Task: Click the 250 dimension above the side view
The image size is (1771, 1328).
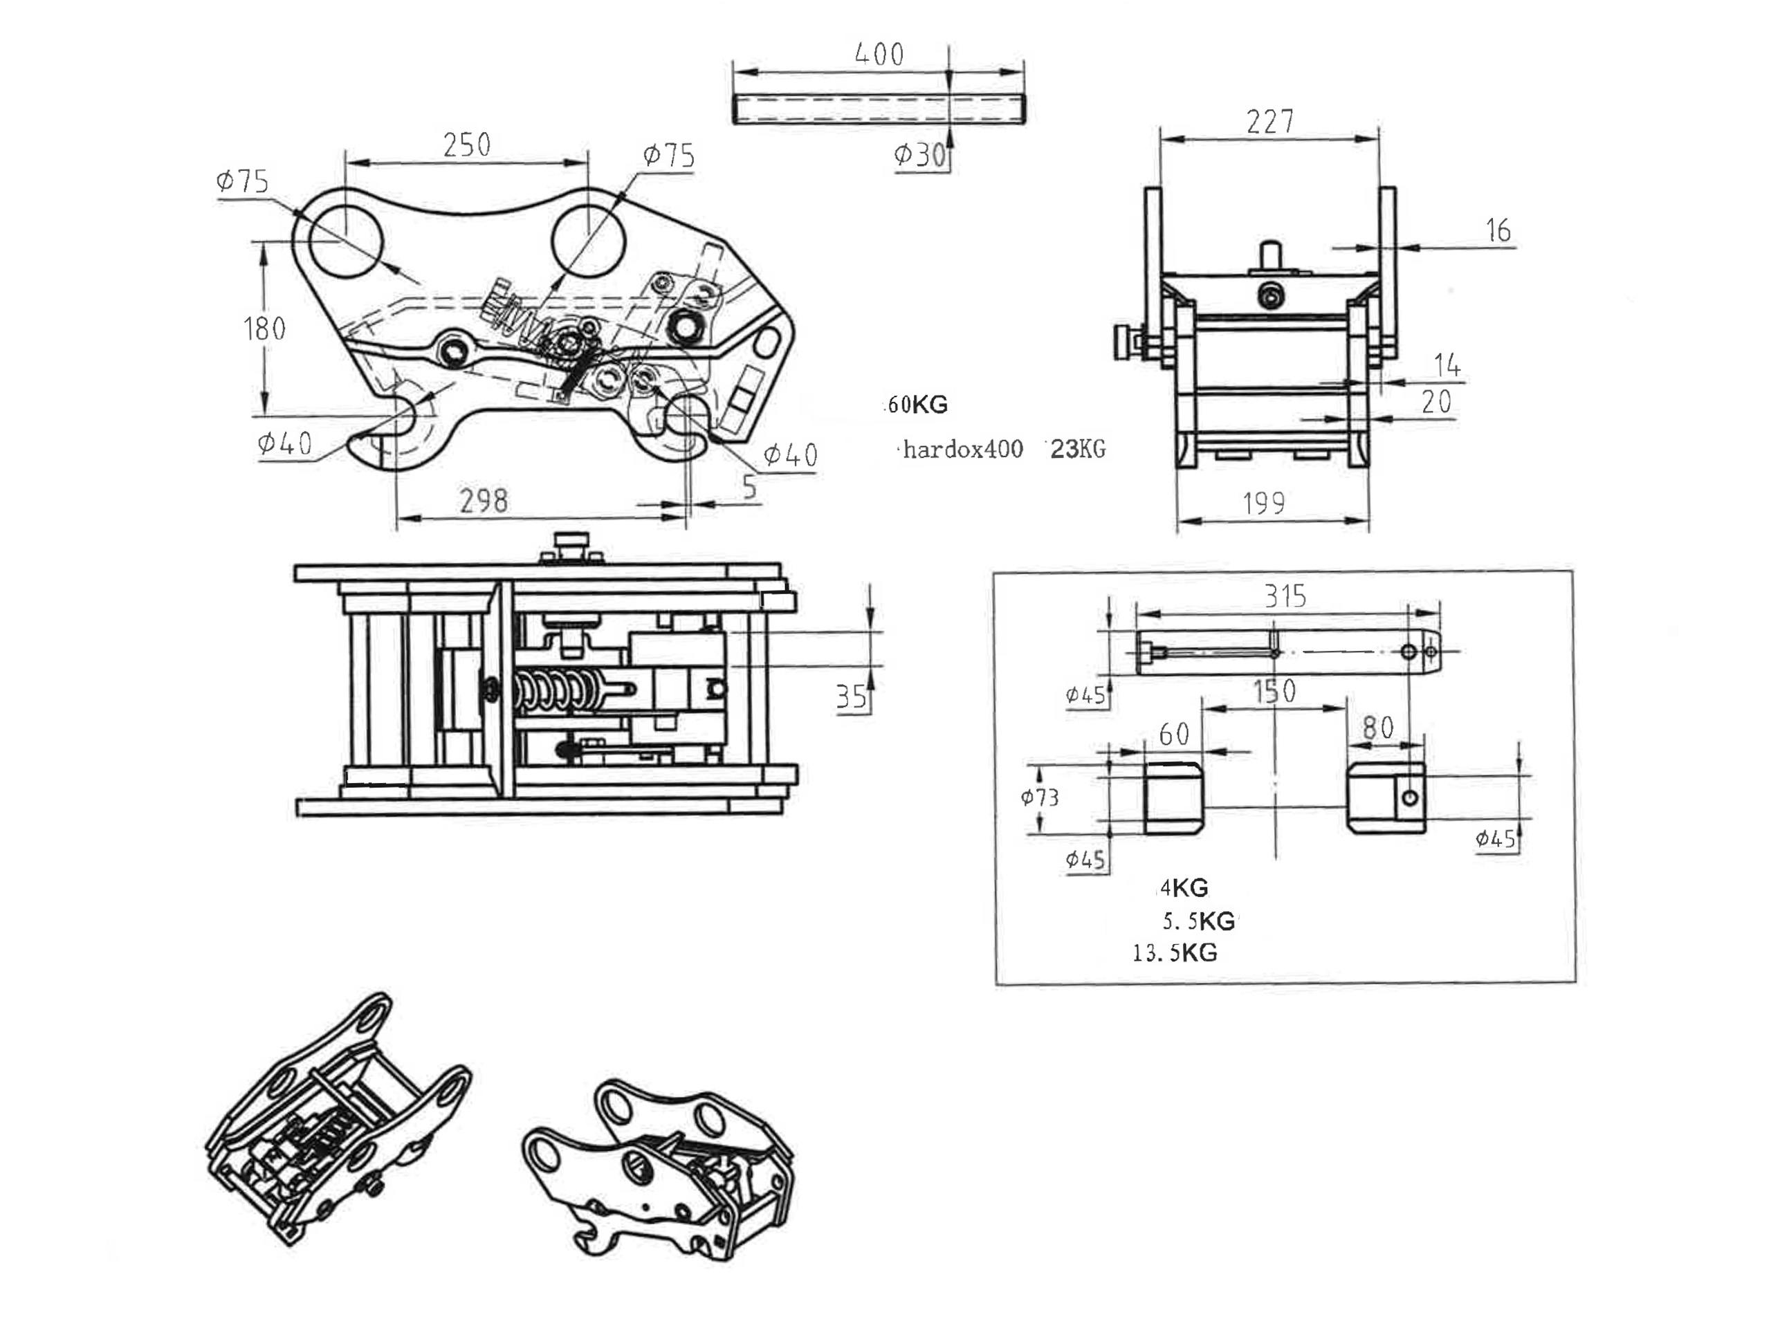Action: tap(467, 145)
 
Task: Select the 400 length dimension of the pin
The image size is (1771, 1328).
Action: tap(879, 55)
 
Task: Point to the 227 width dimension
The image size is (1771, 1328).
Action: tap(1270, 122)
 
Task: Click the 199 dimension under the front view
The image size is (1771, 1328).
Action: tap(1263, 503)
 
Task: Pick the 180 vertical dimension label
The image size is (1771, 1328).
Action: tap(264, 329)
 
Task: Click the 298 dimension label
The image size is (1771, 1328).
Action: tap(484, 501)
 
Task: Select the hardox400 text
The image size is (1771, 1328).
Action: tap(962, 449)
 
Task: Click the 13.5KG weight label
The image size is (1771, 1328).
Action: tap(1175, 952)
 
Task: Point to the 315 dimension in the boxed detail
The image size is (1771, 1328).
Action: tap(1285, 596)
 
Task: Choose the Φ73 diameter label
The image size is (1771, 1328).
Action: tap(1039, 797)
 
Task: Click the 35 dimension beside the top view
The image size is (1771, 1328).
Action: tap(851, 697)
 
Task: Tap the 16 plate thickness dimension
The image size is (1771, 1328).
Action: tap(1498, 230)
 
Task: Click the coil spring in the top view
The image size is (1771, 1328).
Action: tap(556, 689)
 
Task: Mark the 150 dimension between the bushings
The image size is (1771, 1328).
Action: tap(1274, 691)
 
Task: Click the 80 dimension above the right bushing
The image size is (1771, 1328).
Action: tap(1378, 728)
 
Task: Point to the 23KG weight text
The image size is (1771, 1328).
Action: tap(1078, 449)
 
